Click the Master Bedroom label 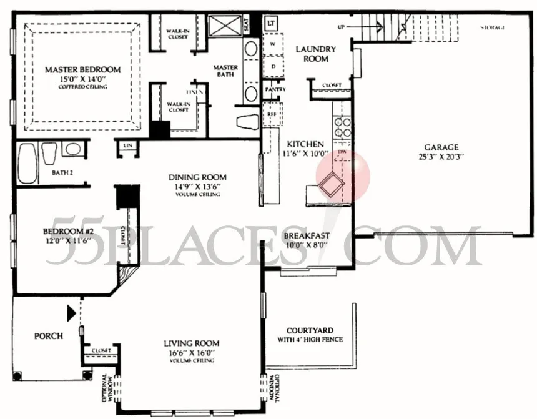click(x=82, y=70)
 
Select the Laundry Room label click(x=315, y=54)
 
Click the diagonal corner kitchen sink click(x=331, y=184)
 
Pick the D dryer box click(x=273, y=66)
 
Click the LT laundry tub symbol click(x=271, y=24)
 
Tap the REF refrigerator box click(x=272, y=114)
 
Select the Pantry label click(x=275, y=89)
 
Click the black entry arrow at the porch click(x=72, y=310)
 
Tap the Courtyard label click(x=310, y=330)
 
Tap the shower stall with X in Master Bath click(x=225, y=26)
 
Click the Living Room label click(x=191, y=343)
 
